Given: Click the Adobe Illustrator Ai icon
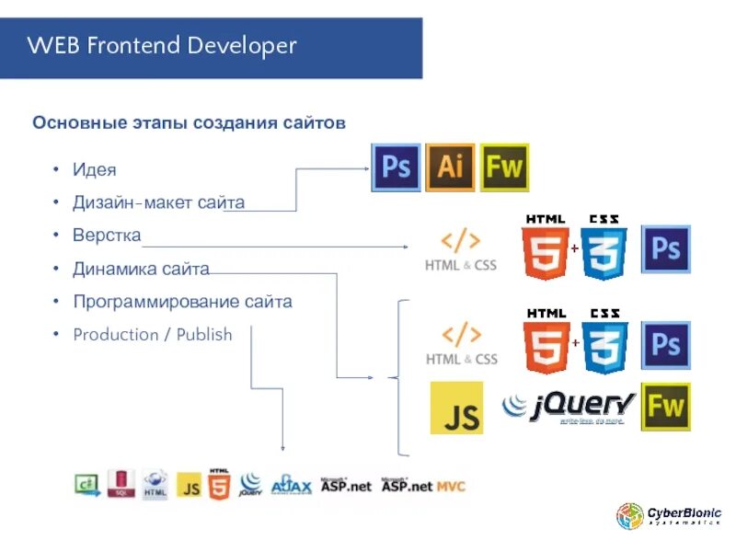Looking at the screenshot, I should [x=451, y=167].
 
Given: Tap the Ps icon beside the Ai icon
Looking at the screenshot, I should [x=396, y=167].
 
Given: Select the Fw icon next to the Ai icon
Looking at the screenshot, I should [x=505, y=167].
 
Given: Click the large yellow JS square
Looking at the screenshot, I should [x=456, y=408].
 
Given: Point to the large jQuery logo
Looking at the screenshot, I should [x=569, y=407].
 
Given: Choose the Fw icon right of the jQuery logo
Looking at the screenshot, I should [x=665, y=407].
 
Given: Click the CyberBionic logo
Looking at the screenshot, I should [x=669, y=517].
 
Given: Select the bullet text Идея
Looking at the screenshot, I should [x=95, y=170].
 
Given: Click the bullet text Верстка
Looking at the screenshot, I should [x=107, y=236].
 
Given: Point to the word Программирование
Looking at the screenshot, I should [x=155, y=302].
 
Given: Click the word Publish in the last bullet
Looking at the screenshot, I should [x=204, y=335].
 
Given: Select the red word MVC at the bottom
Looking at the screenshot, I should [x=451, y=486].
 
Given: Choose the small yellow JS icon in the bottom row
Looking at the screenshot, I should [x=189, y=485].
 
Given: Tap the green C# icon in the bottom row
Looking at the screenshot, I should [x=87, y=484].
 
